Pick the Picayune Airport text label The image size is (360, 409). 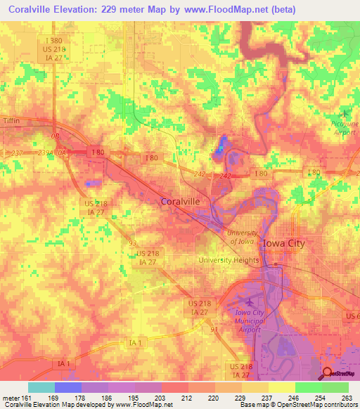337,127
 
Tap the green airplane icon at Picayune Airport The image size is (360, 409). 345,113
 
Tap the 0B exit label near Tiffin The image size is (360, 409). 56,136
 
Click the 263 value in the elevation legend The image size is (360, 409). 346,398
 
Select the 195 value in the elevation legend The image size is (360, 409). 132,398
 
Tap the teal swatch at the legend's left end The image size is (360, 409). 41,387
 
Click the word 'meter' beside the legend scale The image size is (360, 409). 12,398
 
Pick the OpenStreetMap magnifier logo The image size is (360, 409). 328,374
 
